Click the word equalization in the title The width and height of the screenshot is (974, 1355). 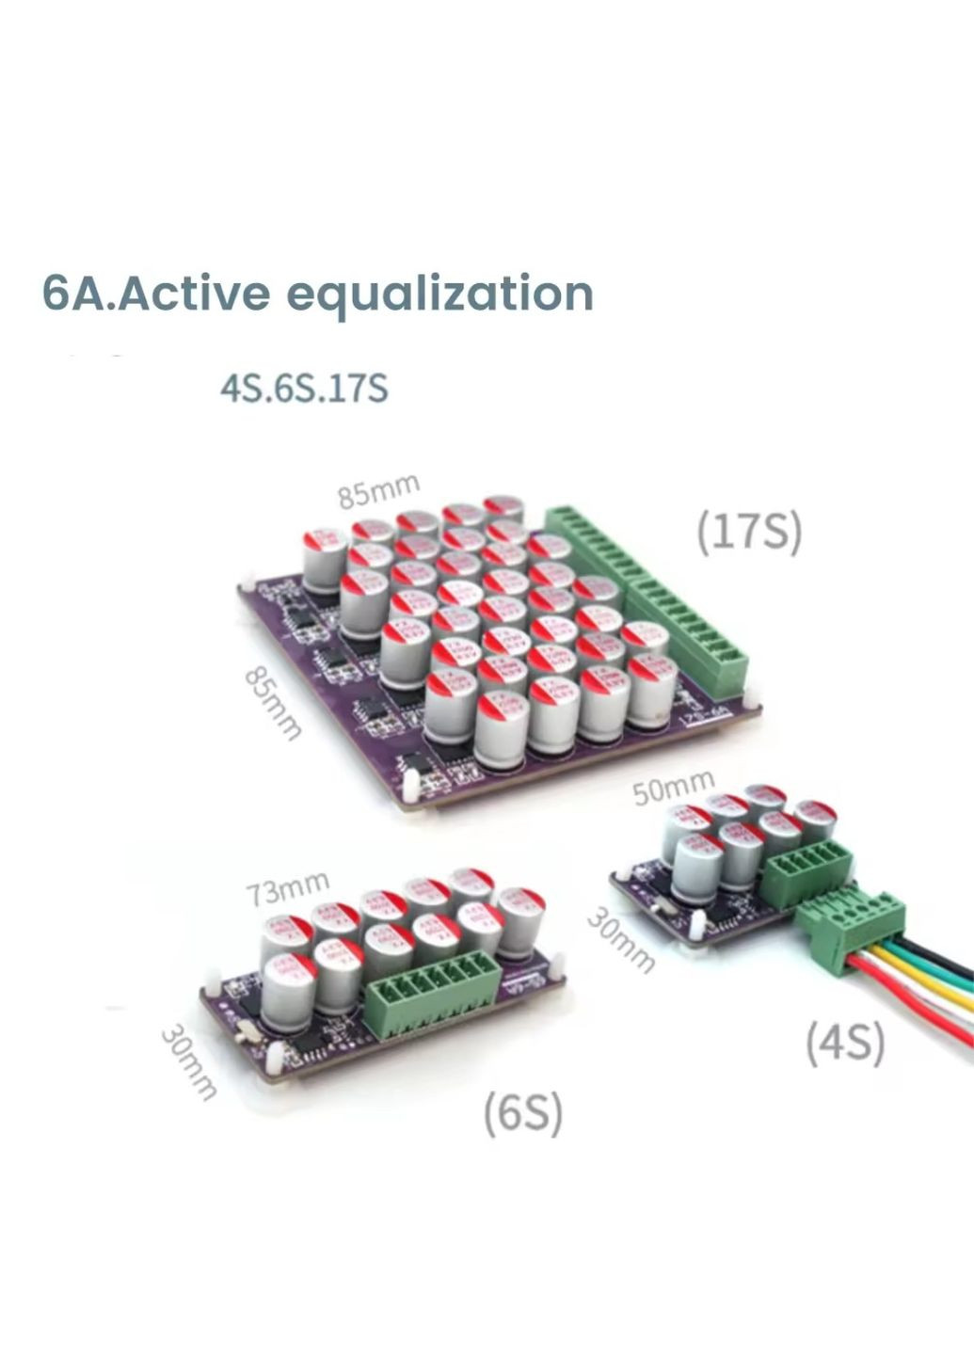439,295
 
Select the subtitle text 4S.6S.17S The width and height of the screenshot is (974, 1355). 303,388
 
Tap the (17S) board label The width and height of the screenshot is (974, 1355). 748,533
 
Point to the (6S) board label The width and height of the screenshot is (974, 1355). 522,1113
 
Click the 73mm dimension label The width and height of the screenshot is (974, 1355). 288,888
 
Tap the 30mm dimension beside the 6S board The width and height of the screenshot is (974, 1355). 188,1061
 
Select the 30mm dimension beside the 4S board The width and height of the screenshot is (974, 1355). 620,940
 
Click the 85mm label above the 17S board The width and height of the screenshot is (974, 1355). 378,491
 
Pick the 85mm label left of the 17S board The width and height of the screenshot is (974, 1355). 273,703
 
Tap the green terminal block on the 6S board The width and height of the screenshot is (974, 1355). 436,1004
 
